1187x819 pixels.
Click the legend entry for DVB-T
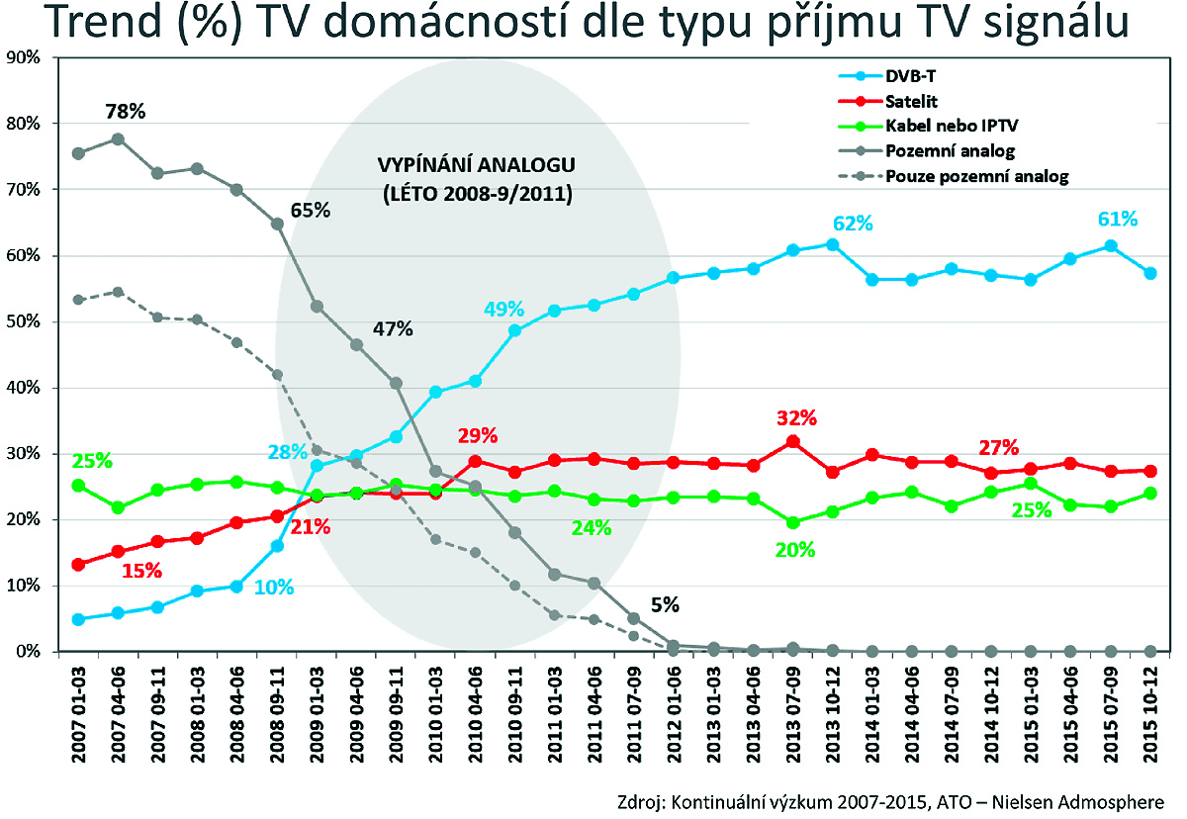point(910,75)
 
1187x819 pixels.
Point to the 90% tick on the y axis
point(22,57)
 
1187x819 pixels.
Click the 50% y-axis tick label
point(22,321)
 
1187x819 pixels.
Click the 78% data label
point(126,111)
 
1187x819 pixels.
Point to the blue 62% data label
point(853,224)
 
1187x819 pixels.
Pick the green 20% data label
point(794,550)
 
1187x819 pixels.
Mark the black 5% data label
point(664,605)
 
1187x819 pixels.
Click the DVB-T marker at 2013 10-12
point(833,244)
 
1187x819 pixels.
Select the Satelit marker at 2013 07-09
point(793,442)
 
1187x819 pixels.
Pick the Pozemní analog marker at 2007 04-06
point(118,139)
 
